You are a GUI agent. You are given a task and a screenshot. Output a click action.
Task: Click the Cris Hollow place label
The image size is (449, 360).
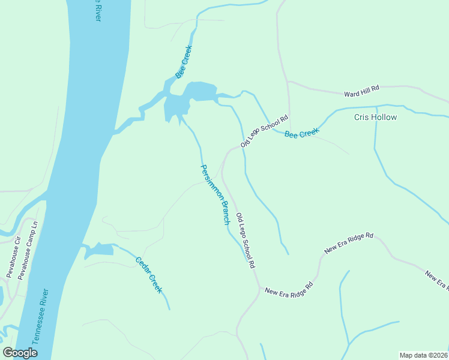point(375,117)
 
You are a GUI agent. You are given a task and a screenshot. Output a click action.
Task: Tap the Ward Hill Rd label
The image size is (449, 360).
point(362,91)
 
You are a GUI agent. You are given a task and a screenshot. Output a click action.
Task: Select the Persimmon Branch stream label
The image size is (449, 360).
point(215,194)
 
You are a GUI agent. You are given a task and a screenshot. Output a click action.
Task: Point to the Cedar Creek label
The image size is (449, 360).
point(149,275)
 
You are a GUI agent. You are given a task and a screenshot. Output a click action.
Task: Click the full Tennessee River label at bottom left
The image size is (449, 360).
point(40,316)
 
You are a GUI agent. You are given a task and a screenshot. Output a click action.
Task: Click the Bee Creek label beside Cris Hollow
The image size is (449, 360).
point(301,133)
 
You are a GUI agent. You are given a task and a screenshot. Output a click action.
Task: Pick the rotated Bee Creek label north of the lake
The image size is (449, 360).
point(184,61)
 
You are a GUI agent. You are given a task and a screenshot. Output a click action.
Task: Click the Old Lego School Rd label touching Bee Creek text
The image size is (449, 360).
point(265,131)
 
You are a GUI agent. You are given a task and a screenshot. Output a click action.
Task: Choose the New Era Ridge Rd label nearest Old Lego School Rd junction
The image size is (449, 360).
point(289,289)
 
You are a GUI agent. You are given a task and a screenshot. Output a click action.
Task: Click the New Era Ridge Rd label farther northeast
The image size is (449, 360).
point(349,242)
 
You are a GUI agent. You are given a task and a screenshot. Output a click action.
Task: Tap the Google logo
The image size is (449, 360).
point(20,353)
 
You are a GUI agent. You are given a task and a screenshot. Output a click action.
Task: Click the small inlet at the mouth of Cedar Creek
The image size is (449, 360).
point(100,250)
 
